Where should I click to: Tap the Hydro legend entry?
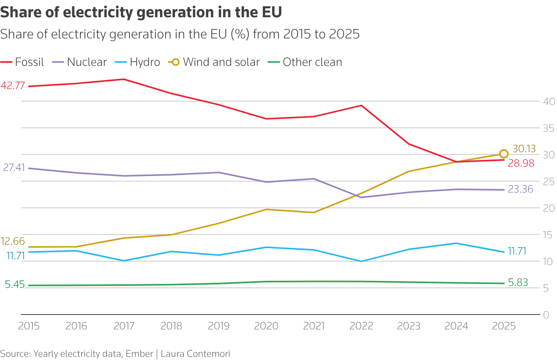(138, 62)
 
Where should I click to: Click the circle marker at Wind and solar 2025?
(504, 154)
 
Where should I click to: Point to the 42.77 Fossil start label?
(13, 85)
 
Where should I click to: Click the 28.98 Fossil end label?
(521, 164)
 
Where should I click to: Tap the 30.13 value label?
(524, 149)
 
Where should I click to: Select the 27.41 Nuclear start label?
(14, 167)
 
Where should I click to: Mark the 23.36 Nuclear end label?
(521, 189)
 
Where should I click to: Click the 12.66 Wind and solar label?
(13, 241)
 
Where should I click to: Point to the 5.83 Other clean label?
(518, 282)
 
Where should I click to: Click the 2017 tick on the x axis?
(124, 326)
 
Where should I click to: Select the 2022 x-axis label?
(361, 326)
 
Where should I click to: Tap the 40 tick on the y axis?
(549, 102)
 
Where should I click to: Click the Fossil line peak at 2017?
(124, 79)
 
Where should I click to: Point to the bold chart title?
(141, 12)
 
